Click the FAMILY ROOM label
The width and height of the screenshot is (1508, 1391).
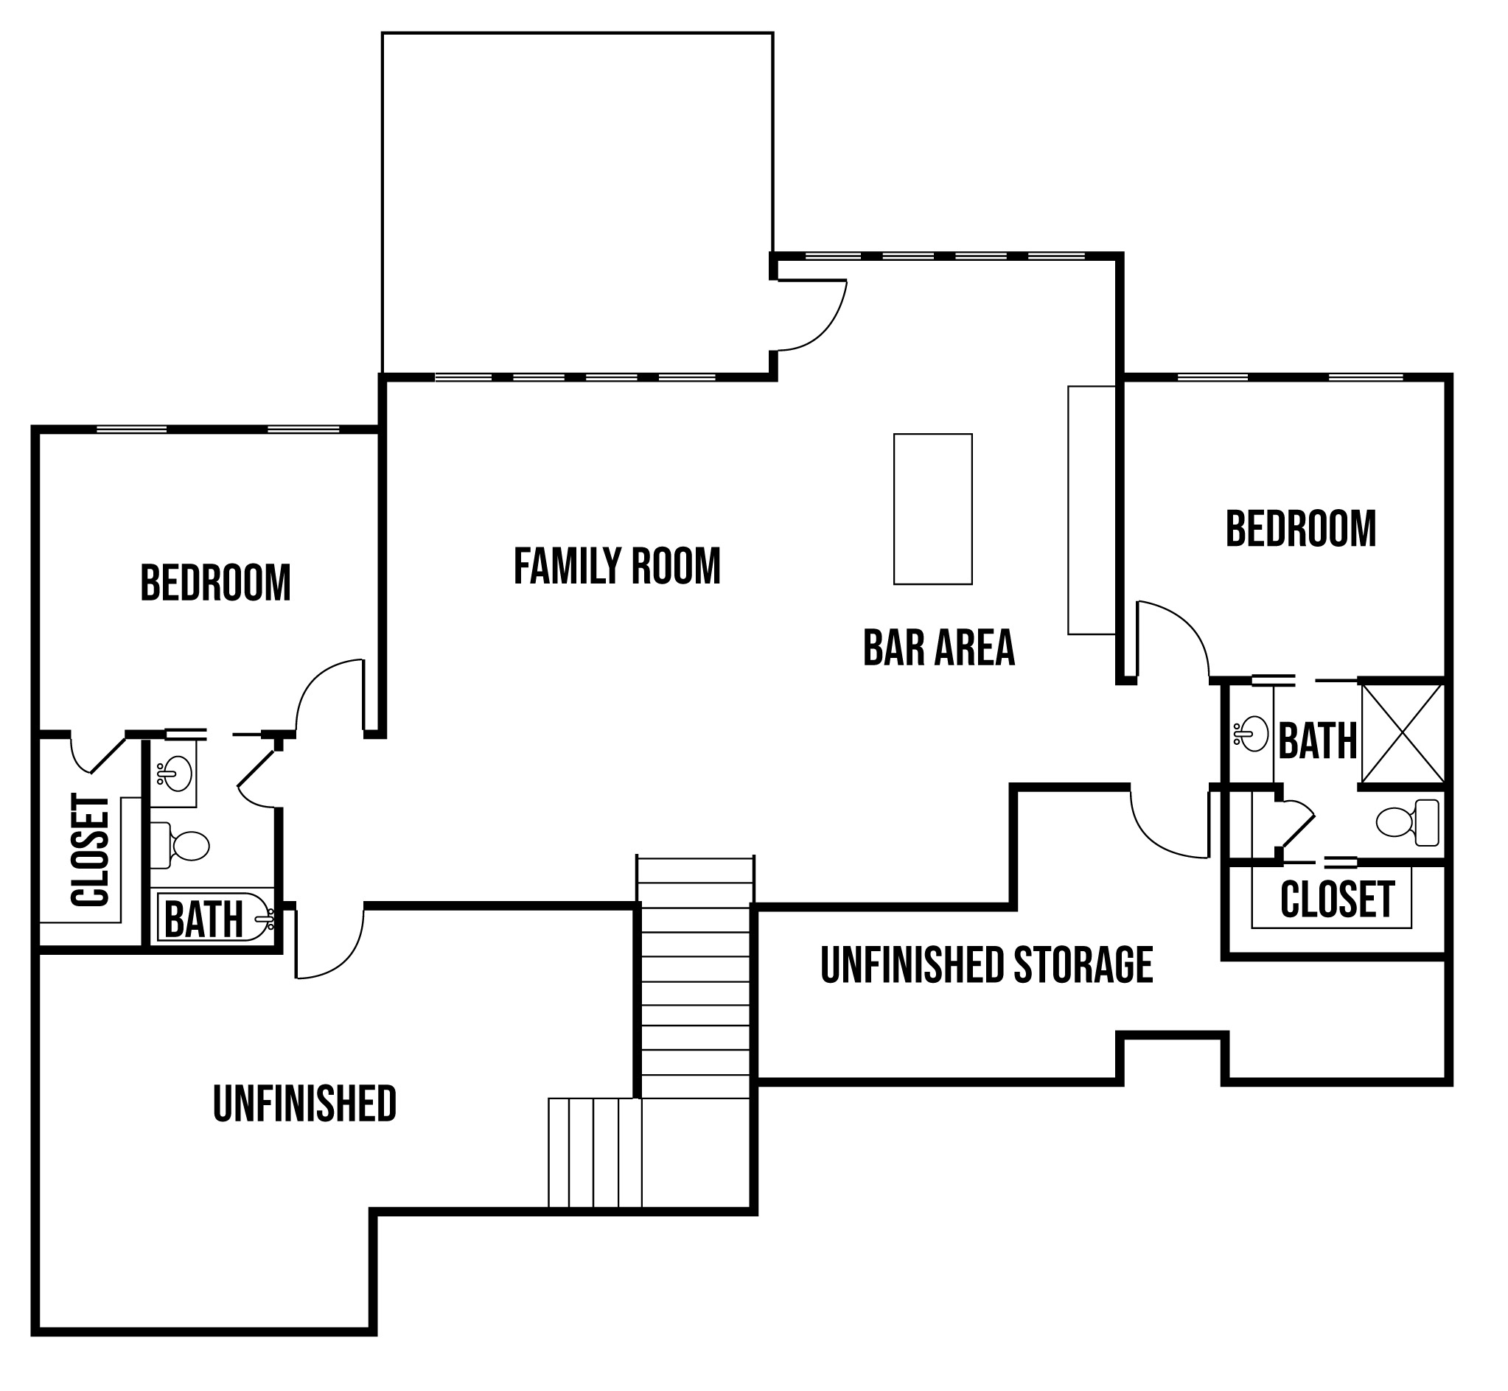617,566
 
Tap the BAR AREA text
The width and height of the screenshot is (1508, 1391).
939,648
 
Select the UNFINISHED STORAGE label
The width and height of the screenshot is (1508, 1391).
986,965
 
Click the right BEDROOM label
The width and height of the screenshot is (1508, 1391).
1301,528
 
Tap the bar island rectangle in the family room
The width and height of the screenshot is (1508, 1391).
933,509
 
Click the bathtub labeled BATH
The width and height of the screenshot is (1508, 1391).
214,917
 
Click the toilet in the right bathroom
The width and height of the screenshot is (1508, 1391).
1407,823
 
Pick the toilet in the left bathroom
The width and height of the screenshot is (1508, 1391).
179,845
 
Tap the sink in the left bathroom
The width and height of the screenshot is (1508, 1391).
175,774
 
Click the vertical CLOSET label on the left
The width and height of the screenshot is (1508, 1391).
91,849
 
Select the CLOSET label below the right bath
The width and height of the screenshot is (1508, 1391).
1337,899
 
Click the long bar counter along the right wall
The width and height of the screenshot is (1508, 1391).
1092,511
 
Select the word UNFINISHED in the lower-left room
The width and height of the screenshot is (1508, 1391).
304,1104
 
